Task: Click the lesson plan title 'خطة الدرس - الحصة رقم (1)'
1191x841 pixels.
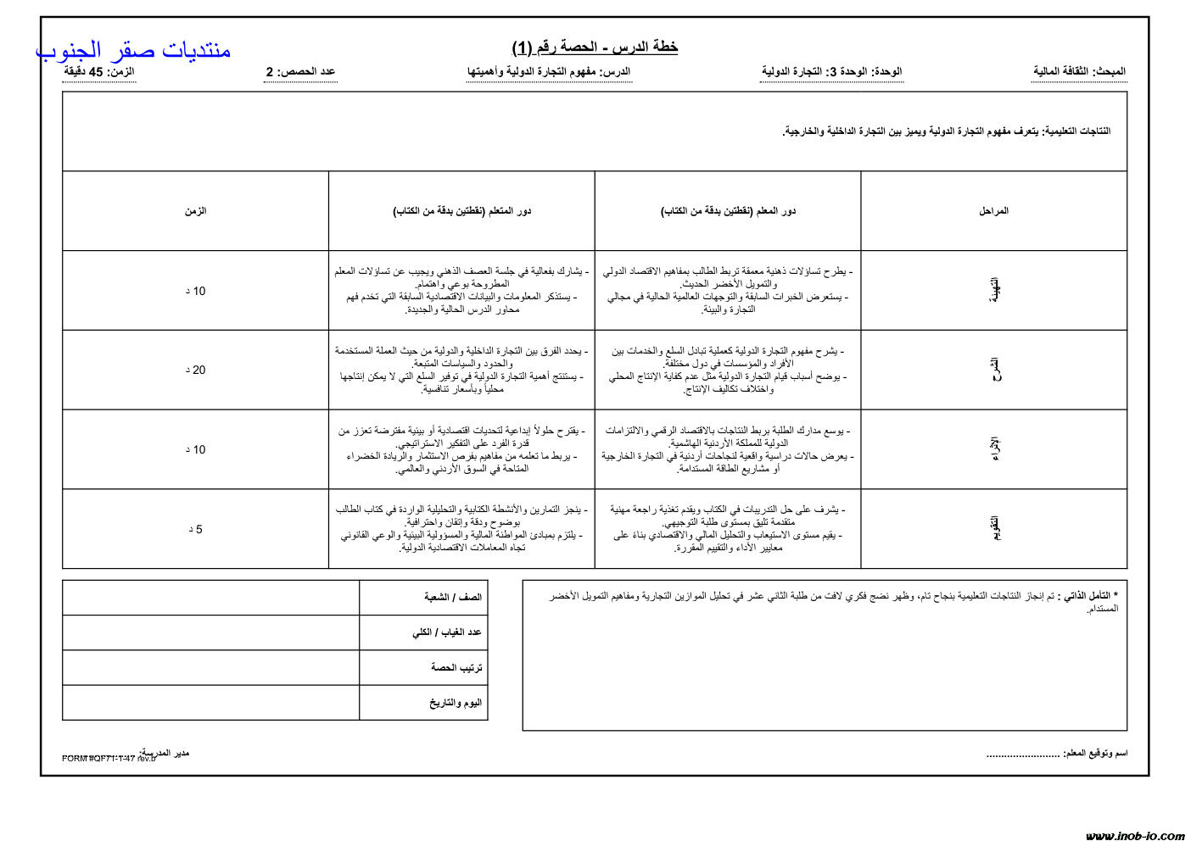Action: point(595,47)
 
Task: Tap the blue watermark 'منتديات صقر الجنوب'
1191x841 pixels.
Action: point(133,50)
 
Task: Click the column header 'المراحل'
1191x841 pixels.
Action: point(993,211)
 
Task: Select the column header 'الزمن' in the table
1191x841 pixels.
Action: point(195,211)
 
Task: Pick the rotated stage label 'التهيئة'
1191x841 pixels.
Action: point(995,291)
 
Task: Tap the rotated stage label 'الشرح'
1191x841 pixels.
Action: point(995,370)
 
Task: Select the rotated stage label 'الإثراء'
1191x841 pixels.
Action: point(995,449)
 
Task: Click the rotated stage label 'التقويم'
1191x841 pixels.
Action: point(995,529)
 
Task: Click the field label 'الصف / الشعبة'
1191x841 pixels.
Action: point(453,598)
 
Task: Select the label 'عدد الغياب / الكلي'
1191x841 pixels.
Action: point(447,632)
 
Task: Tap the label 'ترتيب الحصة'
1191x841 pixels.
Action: point(456,668)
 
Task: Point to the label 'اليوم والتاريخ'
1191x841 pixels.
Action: point(456,703)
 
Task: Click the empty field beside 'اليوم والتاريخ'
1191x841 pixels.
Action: point(210,703)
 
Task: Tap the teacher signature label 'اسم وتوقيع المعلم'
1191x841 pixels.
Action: point(1095,753)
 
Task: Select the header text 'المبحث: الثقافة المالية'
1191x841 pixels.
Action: point(1079,72)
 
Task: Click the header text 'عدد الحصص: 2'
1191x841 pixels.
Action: point(300,72)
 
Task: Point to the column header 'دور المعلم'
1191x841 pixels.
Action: point(728,211)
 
